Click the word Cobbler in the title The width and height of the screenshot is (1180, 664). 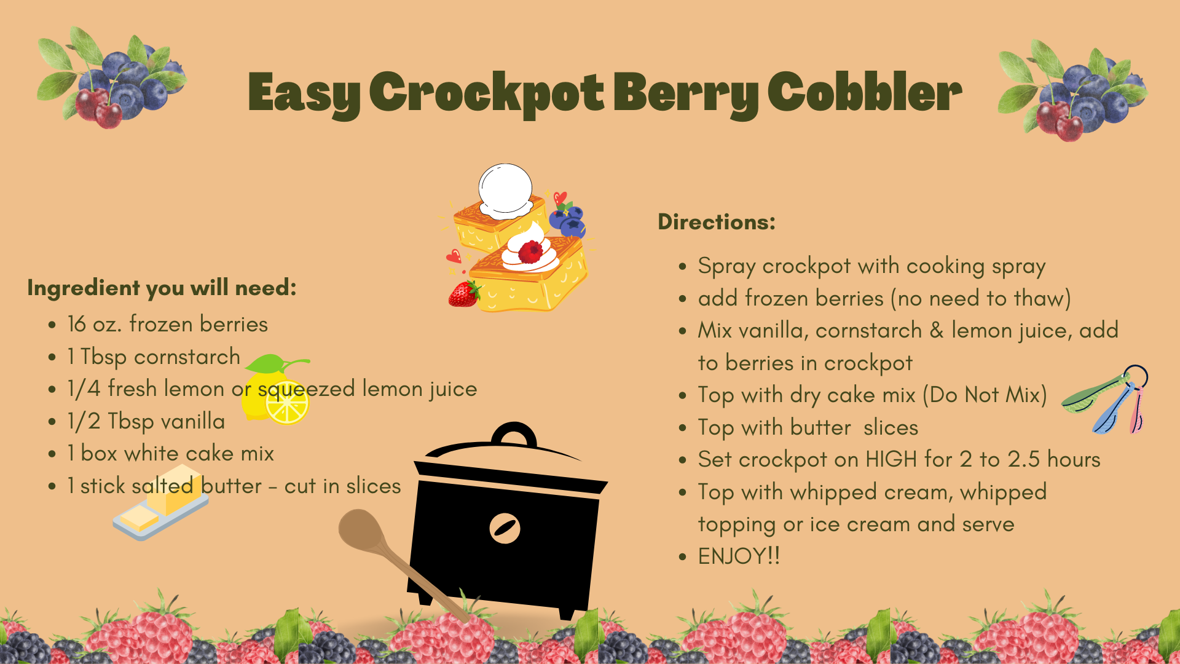click(x=865, y=92)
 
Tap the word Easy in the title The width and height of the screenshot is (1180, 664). click(x=304, y=93)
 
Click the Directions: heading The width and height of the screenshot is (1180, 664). click(x=717, y=221)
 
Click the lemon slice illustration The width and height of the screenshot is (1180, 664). click(x=287, y=403)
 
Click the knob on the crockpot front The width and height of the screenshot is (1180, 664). click(x=505, y=528)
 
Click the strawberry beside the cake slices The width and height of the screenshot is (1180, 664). click(x=464, y=294)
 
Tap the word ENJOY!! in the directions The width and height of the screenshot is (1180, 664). click(x=739, y=556)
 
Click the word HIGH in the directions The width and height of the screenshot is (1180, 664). click(x=891, y=459)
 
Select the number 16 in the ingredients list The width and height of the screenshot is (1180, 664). click(x=77, y=324)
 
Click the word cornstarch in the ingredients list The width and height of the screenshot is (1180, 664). click(x=187, y=357)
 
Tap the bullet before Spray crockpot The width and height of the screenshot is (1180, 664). click(x=682, y=267)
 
